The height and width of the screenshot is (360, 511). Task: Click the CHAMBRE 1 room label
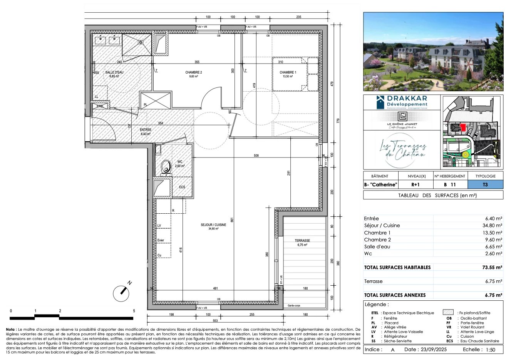pos(288,72)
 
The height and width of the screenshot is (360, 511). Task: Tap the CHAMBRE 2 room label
pos(193,72)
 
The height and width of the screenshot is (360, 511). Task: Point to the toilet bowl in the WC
pos(166,167)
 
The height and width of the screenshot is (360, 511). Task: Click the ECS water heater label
pos(182,187)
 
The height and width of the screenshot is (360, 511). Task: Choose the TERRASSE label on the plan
pos(303,241)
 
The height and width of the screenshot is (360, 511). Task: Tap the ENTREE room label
pos(145,130)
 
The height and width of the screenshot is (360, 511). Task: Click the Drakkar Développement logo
pos(402,102)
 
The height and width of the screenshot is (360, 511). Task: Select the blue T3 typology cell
pos(485,185)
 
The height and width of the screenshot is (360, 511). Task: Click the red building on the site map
pos(462,126)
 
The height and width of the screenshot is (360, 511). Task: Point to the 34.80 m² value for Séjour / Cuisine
pos(493,226)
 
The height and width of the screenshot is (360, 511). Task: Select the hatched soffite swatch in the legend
pos(448,313)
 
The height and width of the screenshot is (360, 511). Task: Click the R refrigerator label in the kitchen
pos(173,211)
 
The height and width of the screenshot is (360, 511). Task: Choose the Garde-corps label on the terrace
pos(294,306)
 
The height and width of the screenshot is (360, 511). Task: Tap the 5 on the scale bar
pos(134,311)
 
